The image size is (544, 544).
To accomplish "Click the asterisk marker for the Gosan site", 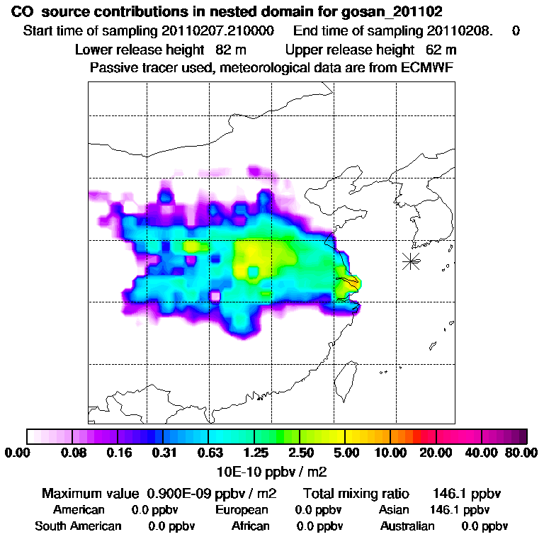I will coord(411,261).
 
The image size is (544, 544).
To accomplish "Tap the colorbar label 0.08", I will coord(72,453).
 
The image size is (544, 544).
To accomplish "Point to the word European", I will coord(242,509).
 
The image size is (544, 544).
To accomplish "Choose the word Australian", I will coord(407,526).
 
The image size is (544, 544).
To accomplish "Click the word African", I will coord(251,526).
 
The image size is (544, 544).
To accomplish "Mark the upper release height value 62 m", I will coord(441,50).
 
